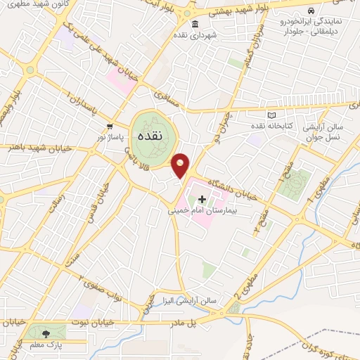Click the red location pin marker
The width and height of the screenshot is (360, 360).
[181, 165]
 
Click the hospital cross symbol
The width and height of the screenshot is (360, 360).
[202, 199]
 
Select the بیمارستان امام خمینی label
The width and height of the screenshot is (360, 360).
[202, 210]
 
